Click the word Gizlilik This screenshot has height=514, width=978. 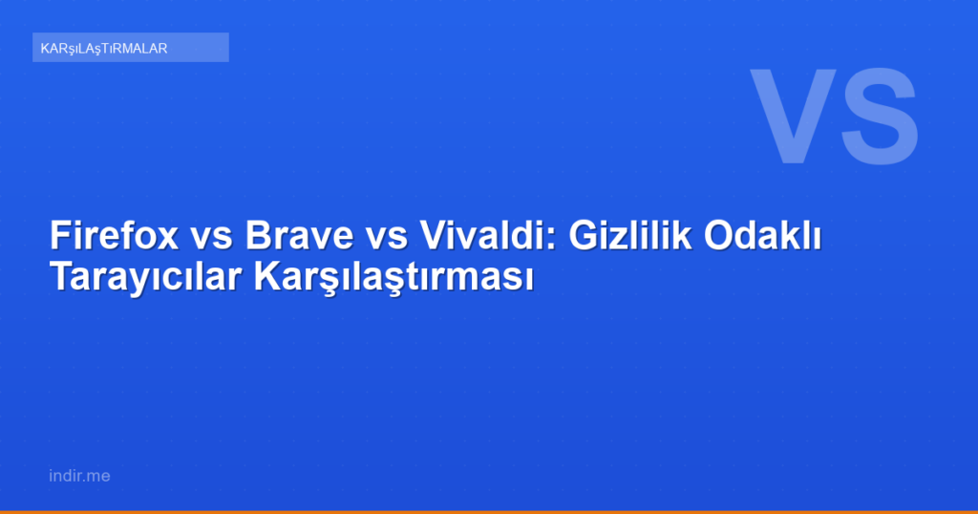629,235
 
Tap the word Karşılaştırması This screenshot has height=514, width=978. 392,278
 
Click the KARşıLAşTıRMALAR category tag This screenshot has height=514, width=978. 130,48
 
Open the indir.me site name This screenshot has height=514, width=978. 78,475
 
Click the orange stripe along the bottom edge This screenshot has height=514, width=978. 489,511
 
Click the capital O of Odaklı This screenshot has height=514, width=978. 719,235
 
